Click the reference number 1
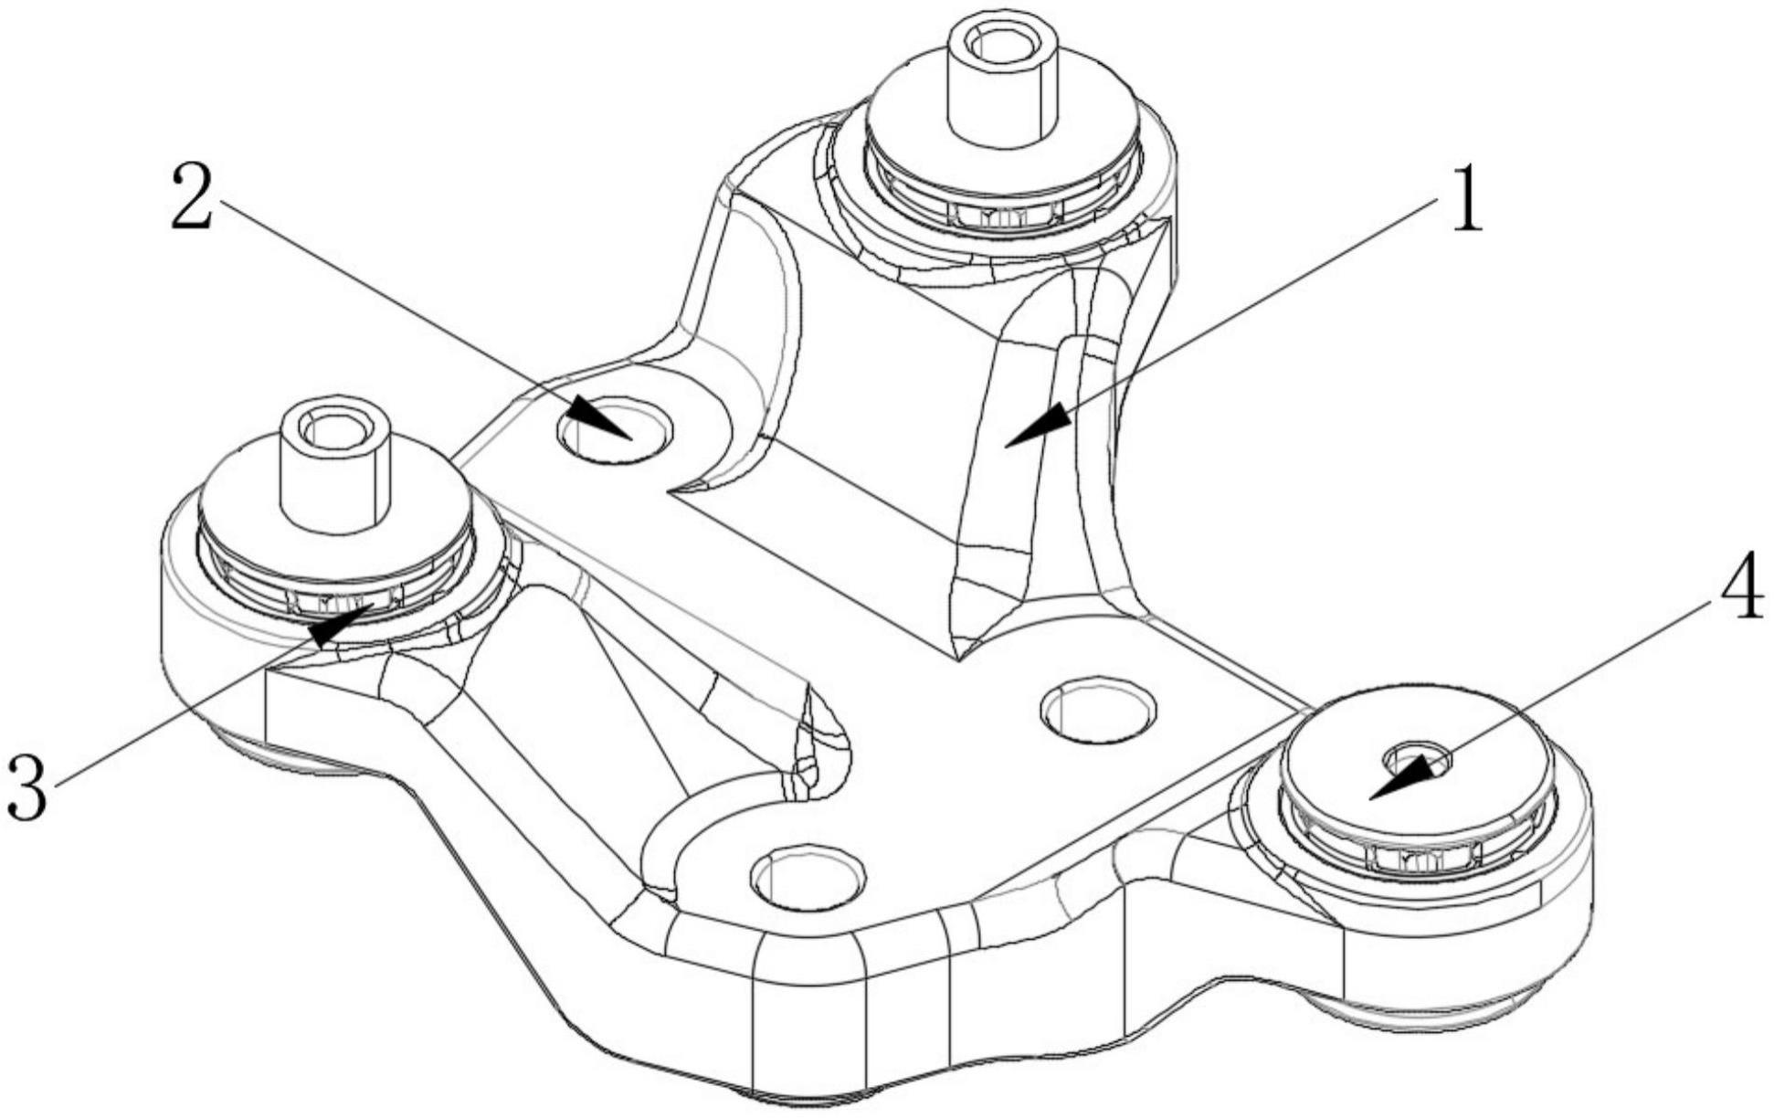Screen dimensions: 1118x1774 click(x=1465, y=199)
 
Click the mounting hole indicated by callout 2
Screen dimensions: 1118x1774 click(x=614, y=428)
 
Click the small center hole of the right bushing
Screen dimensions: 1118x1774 click(x=1418, y=759)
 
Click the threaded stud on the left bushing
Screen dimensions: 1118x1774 click(x=334, y=470)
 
